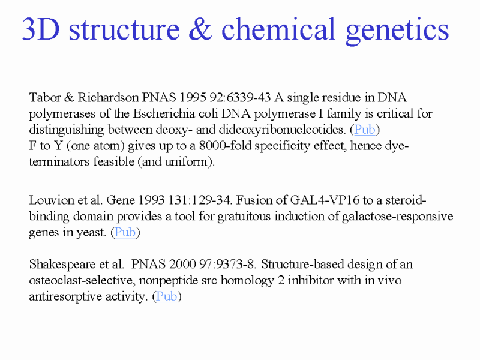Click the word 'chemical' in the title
(278, 29)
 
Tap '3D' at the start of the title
(41, 29)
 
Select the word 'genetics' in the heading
(397, 31)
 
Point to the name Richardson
(108, 97)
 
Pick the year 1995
(193, 97)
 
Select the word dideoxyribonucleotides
(282, 130)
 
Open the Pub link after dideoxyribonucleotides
(365, 130)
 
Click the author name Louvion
(52, 200)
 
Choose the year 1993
(152, 200)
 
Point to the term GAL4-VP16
(325, 200)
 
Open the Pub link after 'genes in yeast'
(125, 232)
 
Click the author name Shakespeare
(62, 265)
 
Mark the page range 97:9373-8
(227, 264)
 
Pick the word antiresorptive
(66, 296)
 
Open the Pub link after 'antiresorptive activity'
(167, 296)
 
